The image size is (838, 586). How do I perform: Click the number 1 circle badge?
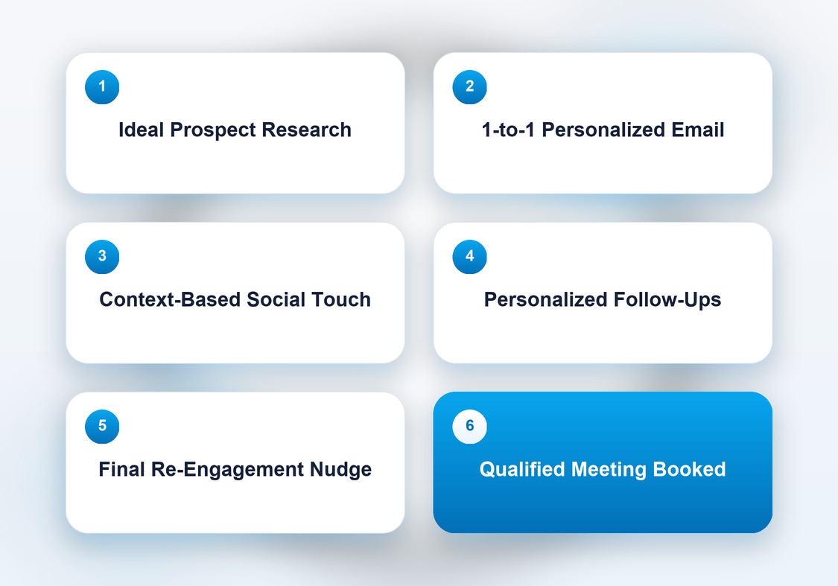[102, 86]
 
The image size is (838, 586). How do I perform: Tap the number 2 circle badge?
[470, 86]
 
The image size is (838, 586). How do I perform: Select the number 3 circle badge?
[102, 256]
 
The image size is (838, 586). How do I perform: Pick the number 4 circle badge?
[470, 256]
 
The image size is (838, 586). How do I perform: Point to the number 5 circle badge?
[102, 426]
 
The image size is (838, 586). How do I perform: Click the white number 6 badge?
[470, 426]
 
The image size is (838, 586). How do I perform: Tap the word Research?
[306, 130]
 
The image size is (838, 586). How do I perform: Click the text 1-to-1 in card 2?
[508, 130]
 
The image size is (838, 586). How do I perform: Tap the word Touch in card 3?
[341, 299]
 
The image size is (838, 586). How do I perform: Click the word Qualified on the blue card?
[522, 470]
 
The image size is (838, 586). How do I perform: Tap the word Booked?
[690, 470]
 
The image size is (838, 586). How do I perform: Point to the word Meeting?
[609, 471]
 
